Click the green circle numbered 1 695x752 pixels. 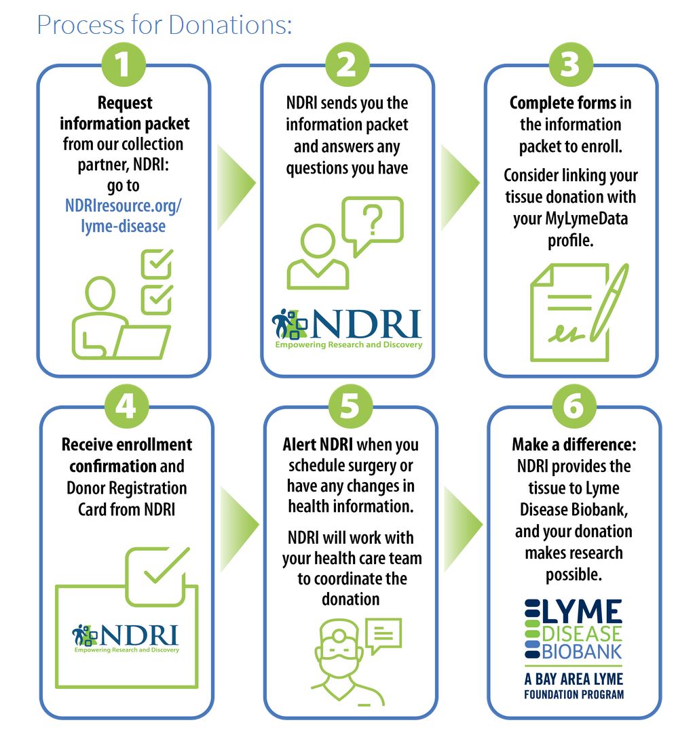(x=124, y=64)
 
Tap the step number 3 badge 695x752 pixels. (x=571, y=64)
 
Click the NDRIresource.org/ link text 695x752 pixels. (x=124, y=205)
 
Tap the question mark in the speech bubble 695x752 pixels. (x=373, y=220)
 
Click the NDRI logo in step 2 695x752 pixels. (x=347, y=328)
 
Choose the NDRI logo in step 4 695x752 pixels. (x=126, y=638)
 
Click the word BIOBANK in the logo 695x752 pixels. (x=582, y=652)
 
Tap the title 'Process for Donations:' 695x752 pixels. (x=165, y=25)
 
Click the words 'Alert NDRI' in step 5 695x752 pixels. (x=318, y=445)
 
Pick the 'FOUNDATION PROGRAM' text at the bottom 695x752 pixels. (x=574, y=694)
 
